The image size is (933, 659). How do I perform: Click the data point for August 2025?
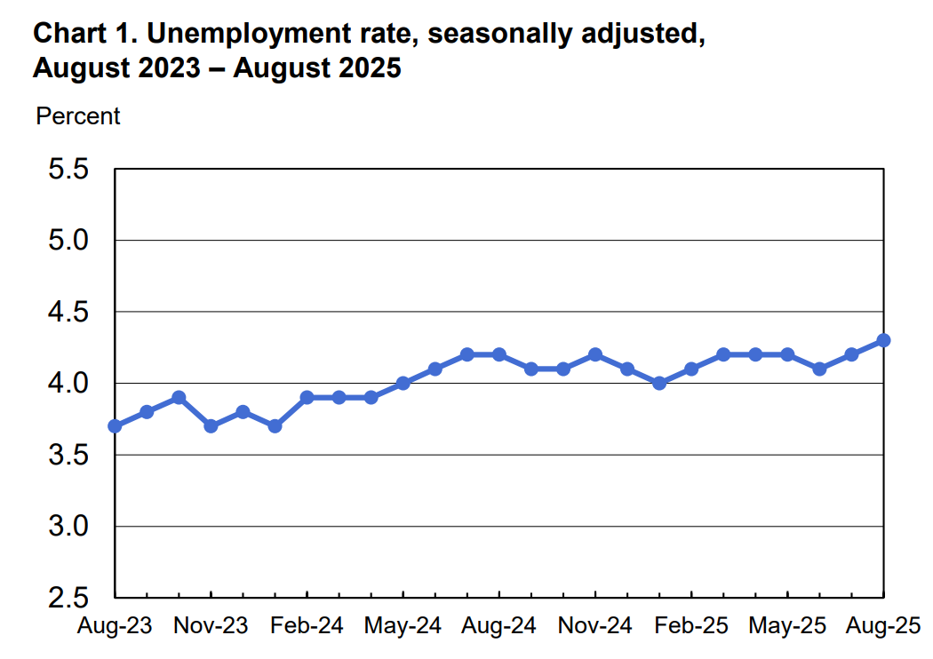883,340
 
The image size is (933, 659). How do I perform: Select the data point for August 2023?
115,426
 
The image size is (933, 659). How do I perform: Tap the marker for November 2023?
211,426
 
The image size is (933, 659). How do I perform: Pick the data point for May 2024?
403,383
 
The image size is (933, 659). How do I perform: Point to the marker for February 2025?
691,369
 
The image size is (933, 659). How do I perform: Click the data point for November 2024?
595,354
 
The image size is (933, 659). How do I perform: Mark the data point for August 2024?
498,354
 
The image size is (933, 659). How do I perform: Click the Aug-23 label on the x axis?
115,626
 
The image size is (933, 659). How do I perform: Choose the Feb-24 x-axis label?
307,626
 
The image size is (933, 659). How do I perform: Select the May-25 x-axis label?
787,626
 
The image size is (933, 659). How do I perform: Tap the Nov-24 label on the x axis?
595,626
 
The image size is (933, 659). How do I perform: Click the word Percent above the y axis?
77,116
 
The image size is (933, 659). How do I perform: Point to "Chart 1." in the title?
84,36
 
